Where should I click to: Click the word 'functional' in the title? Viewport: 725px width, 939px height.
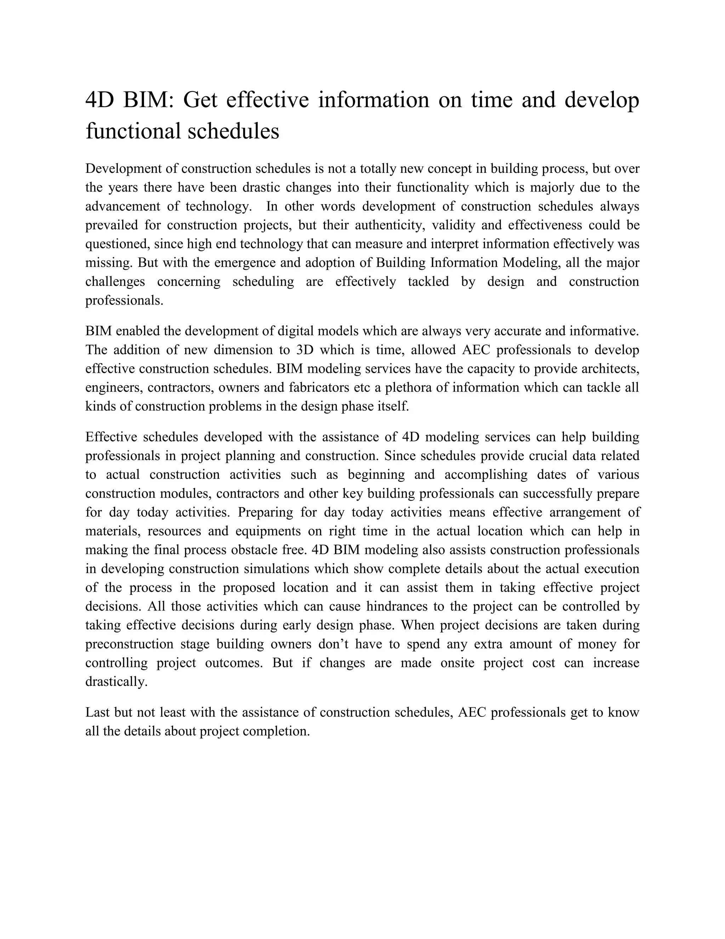coord(133,131)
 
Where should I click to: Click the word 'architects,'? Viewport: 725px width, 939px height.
coord(610,369)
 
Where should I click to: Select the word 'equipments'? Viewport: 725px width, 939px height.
coord(268,532)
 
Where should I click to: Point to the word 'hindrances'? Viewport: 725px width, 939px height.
coord(404,607)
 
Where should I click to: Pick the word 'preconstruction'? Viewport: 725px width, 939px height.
coord(129,645)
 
